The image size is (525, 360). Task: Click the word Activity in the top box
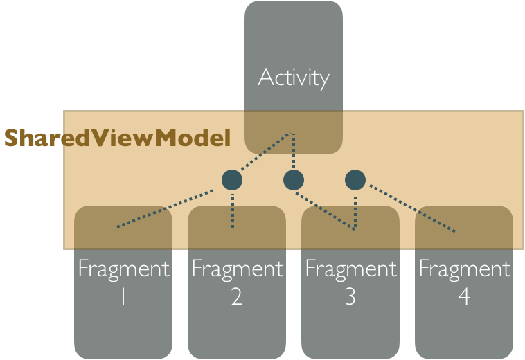[x=294, y=78]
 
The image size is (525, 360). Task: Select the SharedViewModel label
[x=118, y=138]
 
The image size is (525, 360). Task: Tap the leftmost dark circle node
[x=232, y=180]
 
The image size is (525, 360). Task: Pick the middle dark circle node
[x=294, y=180]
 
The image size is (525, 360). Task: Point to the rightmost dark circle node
[x=355, y=180]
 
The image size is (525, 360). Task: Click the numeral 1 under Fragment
[x=123, y=296]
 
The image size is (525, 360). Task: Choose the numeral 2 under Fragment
[x=237, y=296]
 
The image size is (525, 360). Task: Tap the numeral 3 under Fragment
[x=350, y=296]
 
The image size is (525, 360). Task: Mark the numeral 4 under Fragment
[x=464, y=296]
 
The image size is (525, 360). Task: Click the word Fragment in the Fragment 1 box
[x=123, y=269]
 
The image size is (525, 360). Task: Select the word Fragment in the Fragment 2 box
[x=237, y=269]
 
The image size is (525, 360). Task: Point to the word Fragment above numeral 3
[x=350, y=269]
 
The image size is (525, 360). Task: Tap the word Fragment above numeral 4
[x=464, y=269]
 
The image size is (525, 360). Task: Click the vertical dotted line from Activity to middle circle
[x=294, y=151]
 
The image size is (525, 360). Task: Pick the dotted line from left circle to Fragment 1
[x=165, y=209]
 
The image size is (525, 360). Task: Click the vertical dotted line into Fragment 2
[x=233, y=210]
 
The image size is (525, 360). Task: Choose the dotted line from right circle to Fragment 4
[x=412, y=208]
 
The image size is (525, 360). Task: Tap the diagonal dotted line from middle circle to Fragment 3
[x=325, y=210]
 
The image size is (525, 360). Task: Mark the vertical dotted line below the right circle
[x=355, y=213]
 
